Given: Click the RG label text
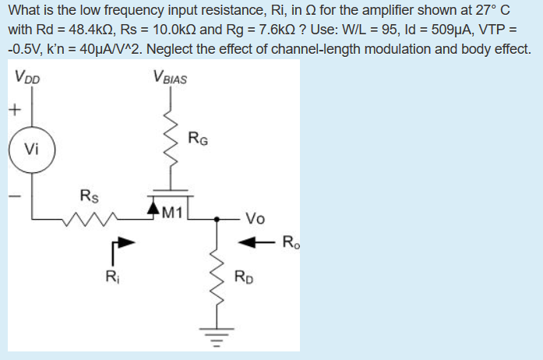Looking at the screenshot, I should click(x=198, y=139).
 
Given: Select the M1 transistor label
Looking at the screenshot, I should click(x=172, y=210).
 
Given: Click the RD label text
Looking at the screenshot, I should click(x=244, y=277).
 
